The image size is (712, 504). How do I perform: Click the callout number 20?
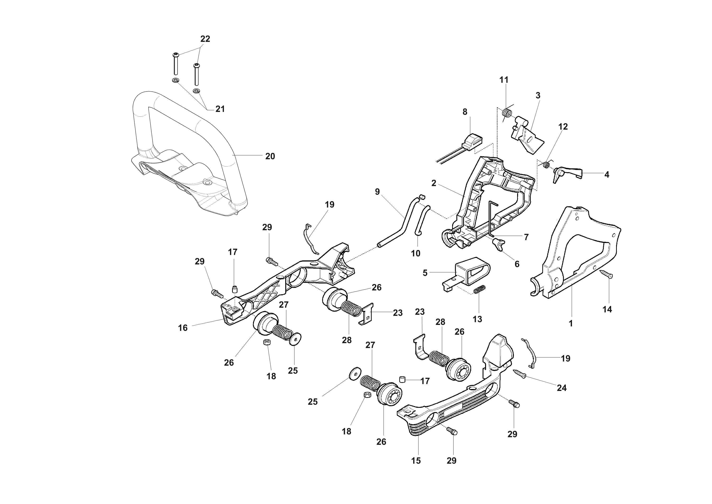click(x=270, y=157)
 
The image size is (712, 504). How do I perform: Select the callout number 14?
click(x=607, y=309)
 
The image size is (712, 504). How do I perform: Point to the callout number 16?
click(x=183, y=328)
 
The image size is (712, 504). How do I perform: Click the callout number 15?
click(x=416, y=461)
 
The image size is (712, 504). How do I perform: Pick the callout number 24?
click(x=562, y=388)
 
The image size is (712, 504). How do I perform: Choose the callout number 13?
click(x=477, y=319)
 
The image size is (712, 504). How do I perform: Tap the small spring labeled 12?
click(x=547, y=164)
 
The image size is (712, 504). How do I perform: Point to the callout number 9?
click(x=377, y=192)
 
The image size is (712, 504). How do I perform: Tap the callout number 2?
click(x=434, y=183)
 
